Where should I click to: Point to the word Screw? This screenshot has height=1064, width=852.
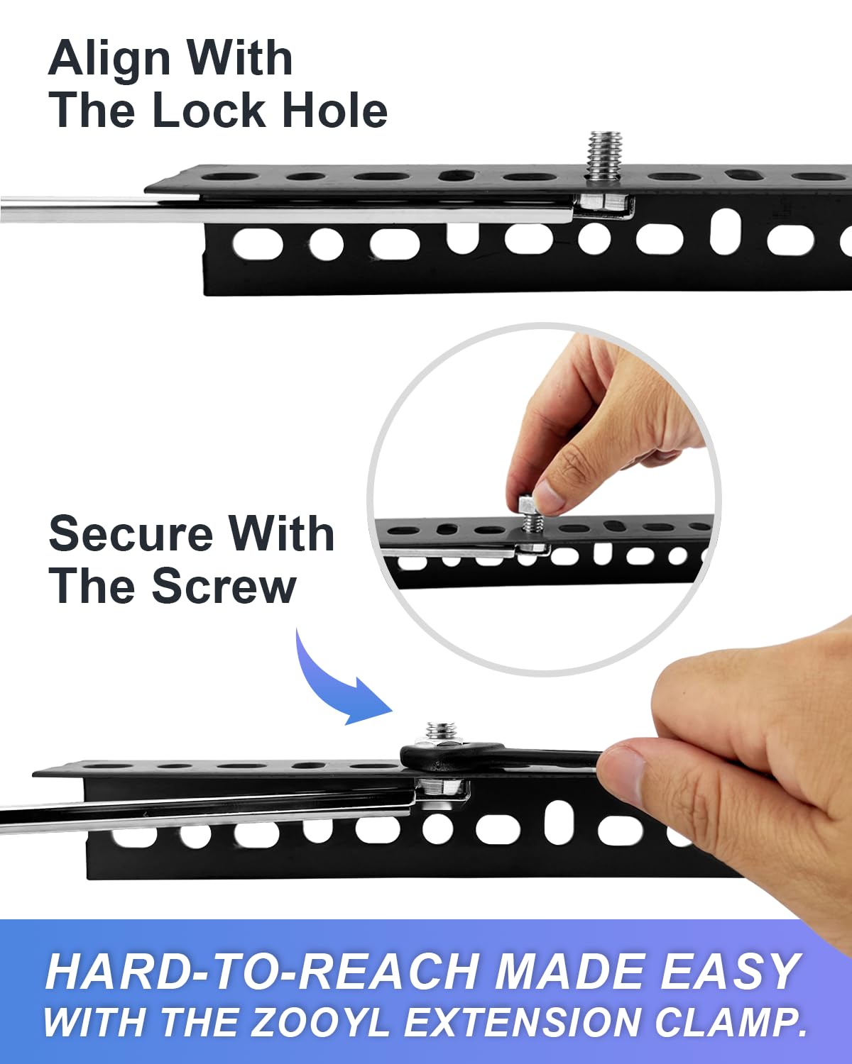tap(224, 587)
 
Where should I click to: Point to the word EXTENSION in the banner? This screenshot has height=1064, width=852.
tap(522, 1022)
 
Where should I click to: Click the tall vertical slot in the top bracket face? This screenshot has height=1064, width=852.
tap(726, 232)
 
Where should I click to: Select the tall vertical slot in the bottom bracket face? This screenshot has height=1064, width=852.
tap(559, 823)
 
